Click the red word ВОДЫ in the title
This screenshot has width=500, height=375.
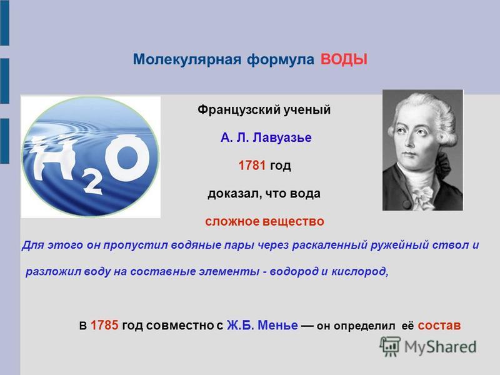[344, 59]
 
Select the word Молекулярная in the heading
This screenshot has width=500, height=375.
[187, 59]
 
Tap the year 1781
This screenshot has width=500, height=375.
[252, 165]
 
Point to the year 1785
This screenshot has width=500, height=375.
[104, 325]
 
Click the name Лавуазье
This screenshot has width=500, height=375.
[282, 137]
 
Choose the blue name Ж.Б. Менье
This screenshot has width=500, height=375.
[262, 325]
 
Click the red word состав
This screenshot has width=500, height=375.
[439, 326]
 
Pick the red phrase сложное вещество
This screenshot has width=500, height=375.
[264, 221]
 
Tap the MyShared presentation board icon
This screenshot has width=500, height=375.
[390, 346]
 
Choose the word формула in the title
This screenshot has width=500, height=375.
[281, 59]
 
